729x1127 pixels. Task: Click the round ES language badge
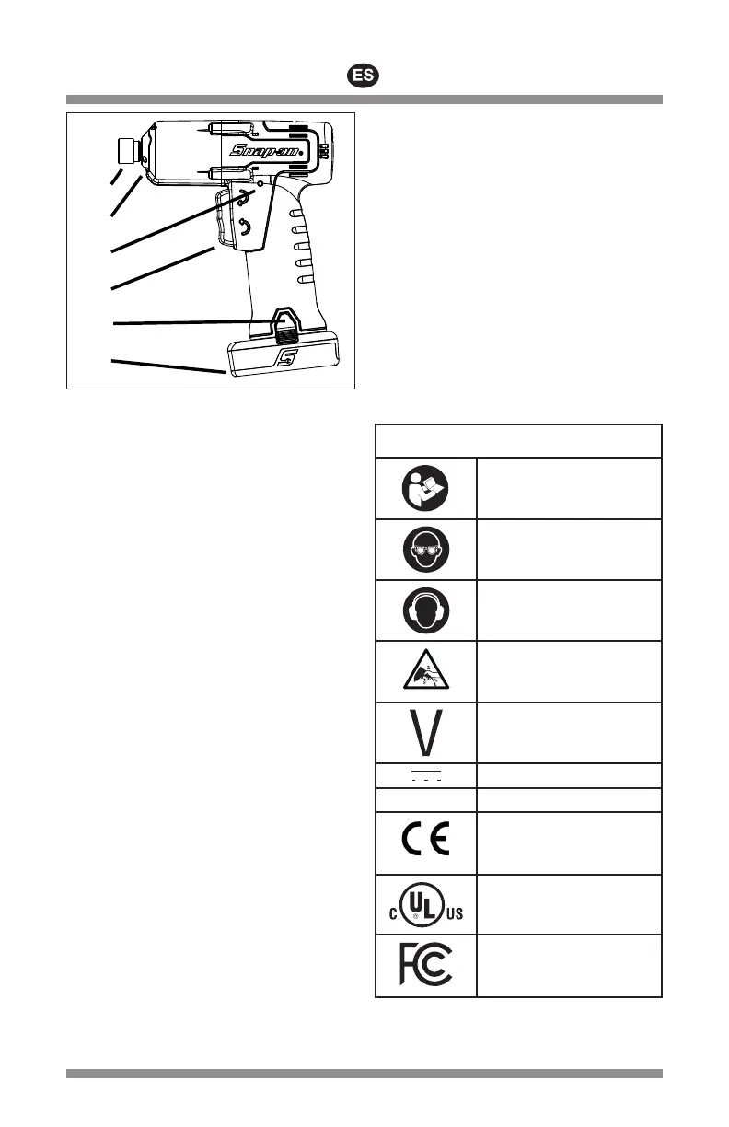pyautogui.click(x=364, y=76)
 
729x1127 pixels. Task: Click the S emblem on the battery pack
pyautogui.click(x=286, y=356)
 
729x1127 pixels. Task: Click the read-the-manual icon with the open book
pyautogui.click(x=425, y=487)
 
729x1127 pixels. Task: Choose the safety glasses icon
pyautogui.click(x=425, y=549)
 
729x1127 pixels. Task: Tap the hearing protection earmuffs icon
pyautogui.click(x=425, y=610)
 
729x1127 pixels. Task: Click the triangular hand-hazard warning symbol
pyautogui.click(x=425, y=671)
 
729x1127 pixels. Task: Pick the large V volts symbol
pyautogui.click(x=425, y=732)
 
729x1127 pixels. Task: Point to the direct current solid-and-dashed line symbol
pyautogui.click(x=425, y=774)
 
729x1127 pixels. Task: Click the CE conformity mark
pyautogui.click(x=425, y=842)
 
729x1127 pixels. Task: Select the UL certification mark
pyautogui.click(x=425, y=905)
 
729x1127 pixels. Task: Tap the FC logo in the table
pyautogui.click(x=425, y=965)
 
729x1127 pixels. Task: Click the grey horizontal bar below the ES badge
pyautogui.click(x=364, y=99)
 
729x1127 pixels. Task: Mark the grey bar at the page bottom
pyautogui.click(x=364, y=1074)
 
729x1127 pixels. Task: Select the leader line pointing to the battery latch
pyautogui.click(x=184, y=322)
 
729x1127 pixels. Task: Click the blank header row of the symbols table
pyautogui.click(x=518, y=440)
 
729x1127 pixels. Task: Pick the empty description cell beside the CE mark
pyautogui.click(x=568, y=842)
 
